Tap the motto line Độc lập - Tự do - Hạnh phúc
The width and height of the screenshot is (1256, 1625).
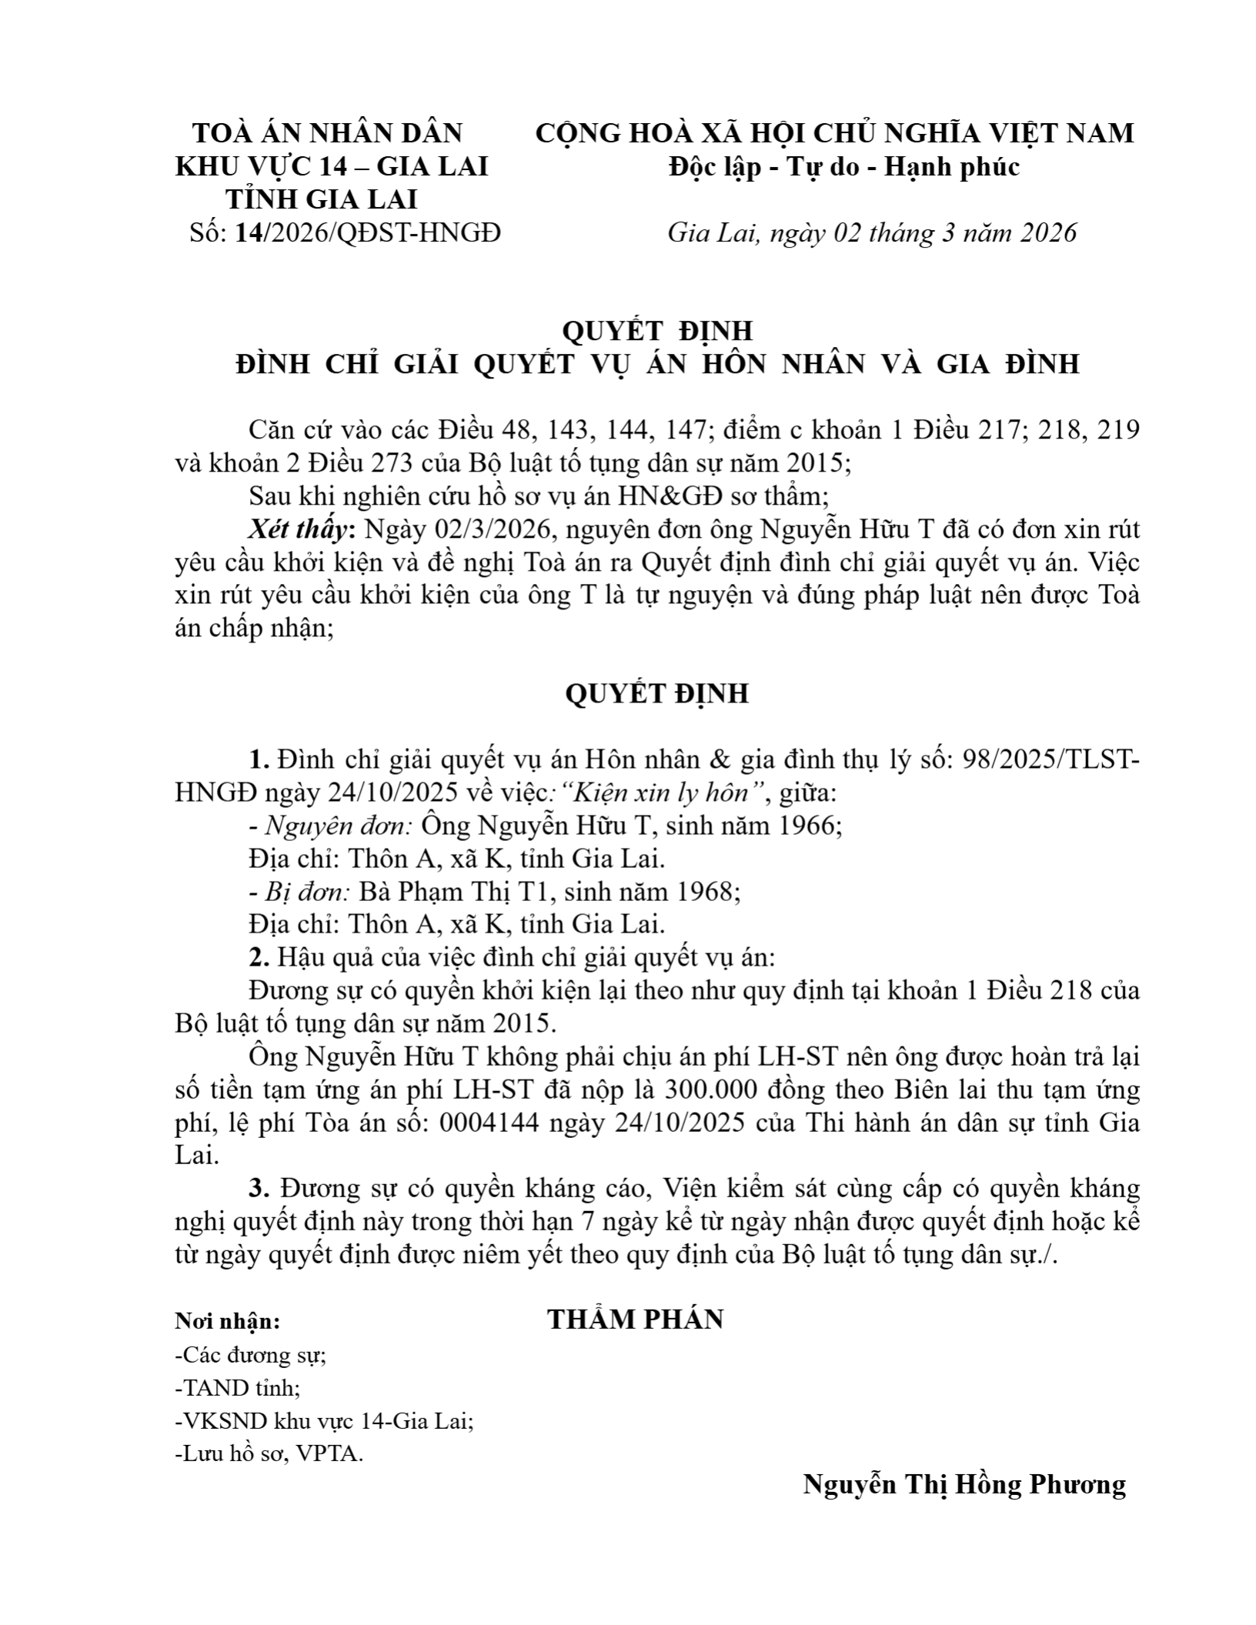pyautogui.click(x=843, y=166)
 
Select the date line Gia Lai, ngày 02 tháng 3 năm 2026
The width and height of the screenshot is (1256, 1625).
pyautogui.click(x=871, y=232)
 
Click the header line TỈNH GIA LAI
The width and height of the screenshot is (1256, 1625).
pyautogui.click(x=321, y=199)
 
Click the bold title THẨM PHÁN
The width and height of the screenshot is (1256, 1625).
pyautogui.click(x=635, y=1320)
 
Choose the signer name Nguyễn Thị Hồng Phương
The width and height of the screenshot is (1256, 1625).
pyautogui.click(x=964, y=1483)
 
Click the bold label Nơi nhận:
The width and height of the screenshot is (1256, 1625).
pyautogui.click(x=228, y=1322)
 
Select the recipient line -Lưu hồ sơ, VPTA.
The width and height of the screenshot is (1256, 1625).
pyautogui.click(x=269, y=1454)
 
